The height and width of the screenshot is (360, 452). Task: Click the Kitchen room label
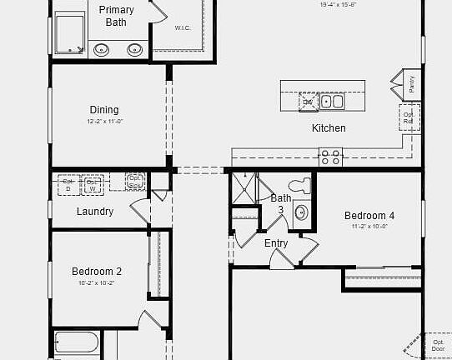pyautogui.click(x=329, y=128)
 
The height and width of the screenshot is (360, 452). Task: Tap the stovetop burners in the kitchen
pyautogui.click(x=331, y=154)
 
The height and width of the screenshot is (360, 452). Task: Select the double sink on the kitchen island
pyautogui.click(x=333, y=102)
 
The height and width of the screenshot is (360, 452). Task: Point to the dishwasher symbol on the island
pyautogui.click(x=309, y=102)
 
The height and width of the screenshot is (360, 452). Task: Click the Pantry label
pyautogui.click(x=412, y=85)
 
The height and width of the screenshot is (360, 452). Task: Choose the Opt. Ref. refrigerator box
pyautogui.click(x=409, y=118)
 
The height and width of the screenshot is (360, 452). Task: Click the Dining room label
pyautogui.click(x=104, y=110)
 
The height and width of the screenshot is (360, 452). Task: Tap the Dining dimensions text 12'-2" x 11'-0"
pyautogui.click(x=105, y=122)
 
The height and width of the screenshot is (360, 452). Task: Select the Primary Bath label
pyautogui.click(x=116, y=16)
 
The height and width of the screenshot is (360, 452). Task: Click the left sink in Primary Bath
pyautogui.click(x=102, y=49)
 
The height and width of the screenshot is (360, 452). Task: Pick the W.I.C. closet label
pyautogui.click(x=183, y=27)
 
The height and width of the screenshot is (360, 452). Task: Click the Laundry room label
pyautogui.click(x=95, y=212)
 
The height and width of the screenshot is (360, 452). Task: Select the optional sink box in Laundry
pyautogui.click(x=135, y=181)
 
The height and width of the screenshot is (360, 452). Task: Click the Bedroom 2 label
pyautogui.click(x=97, y=272)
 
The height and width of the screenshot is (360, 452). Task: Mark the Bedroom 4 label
pyautogui.click(x=369, y=216)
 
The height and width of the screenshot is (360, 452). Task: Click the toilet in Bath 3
pyautogui.click(x=298, y=185)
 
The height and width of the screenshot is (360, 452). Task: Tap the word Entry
pyautogui.click(x=276, y=243)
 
